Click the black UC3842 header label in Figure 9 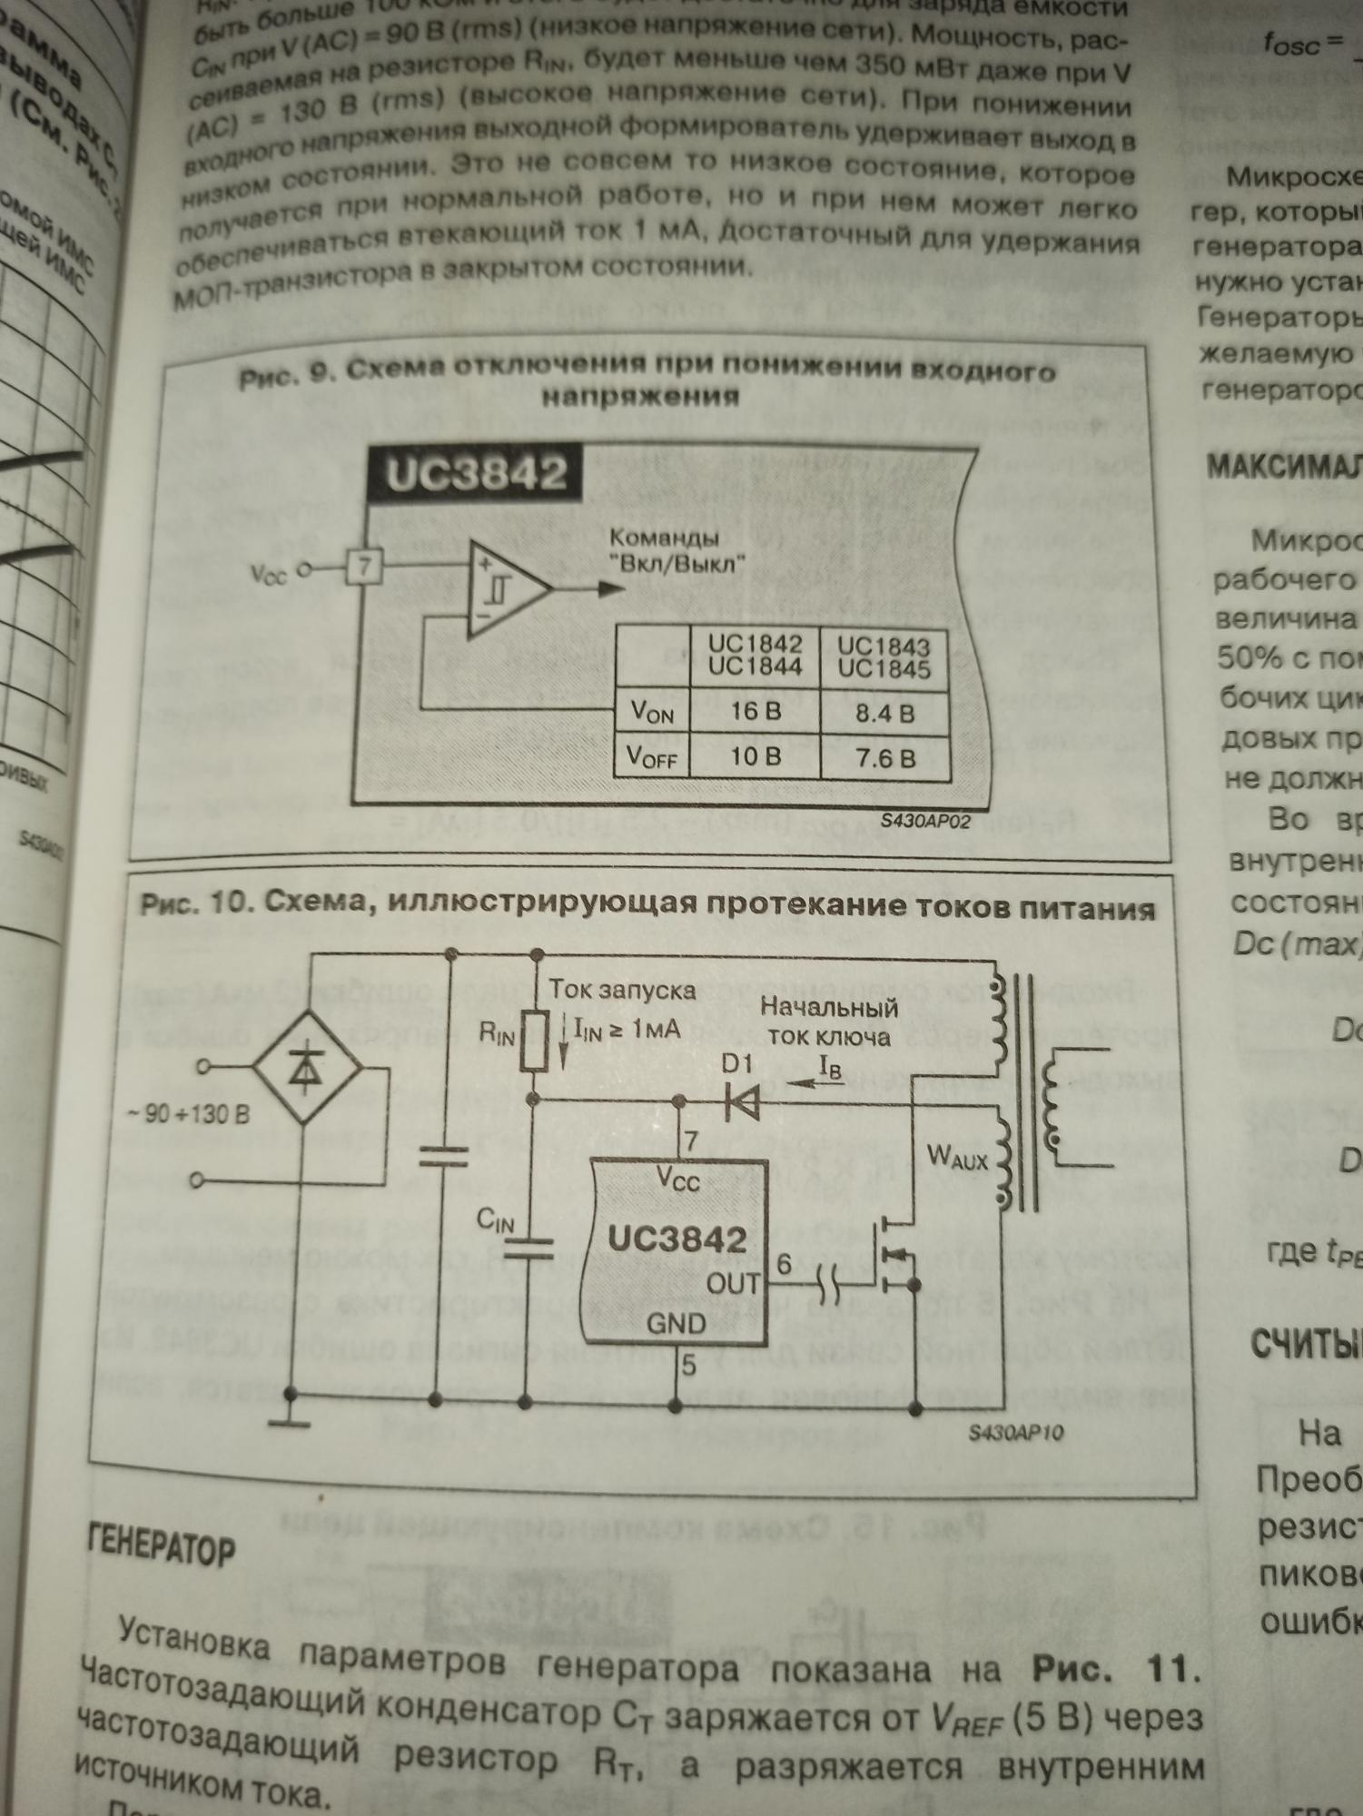click(475, 473)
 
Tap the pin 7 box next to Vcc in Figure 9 click(363, 568)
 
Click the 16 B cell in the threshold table click(755, 711)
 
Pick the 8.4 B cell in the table click(884, 713)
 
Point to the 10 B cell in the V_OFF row click(755, 755)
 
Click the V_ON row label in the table click(652, 712)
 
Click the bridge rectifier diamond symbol click(306, 1071)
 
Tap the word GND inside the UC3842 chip click(676, 1323)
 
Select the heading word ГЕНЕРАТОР click(161, 1546)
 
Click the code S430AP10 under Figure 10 click(1015, 1433)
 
